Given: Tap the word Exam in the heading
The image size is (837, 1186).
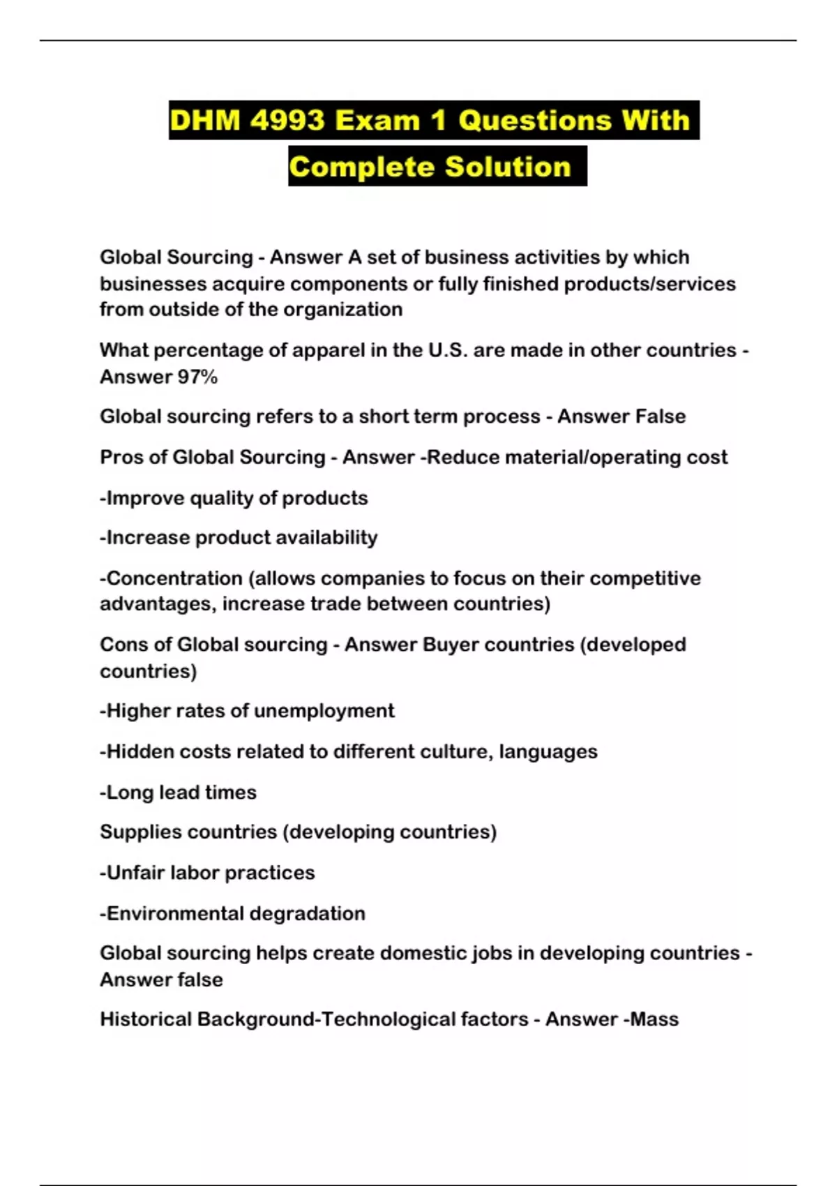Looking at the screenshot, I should [x=377, y=121].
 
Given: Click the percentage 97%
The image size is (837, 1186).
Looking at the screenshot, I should [x=197, y=377].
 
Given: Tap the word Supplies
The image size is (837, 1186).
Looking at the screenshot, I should [x=139, y=832].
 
